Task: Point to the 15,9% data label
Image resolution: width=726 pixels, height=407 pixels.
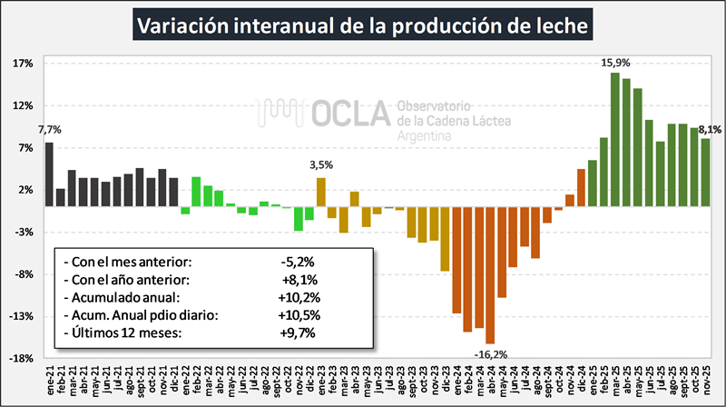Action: point(615,63)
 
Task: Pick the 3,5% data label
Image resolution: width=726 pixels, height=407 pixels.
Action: point(321,165)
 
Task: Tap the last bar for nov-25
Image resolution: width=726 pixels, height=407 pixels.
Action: point(705,172)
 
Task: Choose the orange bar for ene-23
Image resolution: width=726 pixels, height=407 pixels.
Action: point(321,192)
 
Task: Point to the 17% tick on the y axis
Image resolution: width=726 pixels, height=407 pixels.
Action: point(24,64)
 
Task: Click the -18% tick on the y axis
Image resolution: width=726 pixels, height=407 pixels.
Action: point(23,358)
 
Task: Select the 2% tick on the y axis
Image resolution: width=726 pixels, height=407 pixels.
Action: point(25,190)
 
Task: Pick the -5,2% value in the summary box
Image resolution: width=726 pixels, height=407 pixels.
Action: point(299,263)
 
